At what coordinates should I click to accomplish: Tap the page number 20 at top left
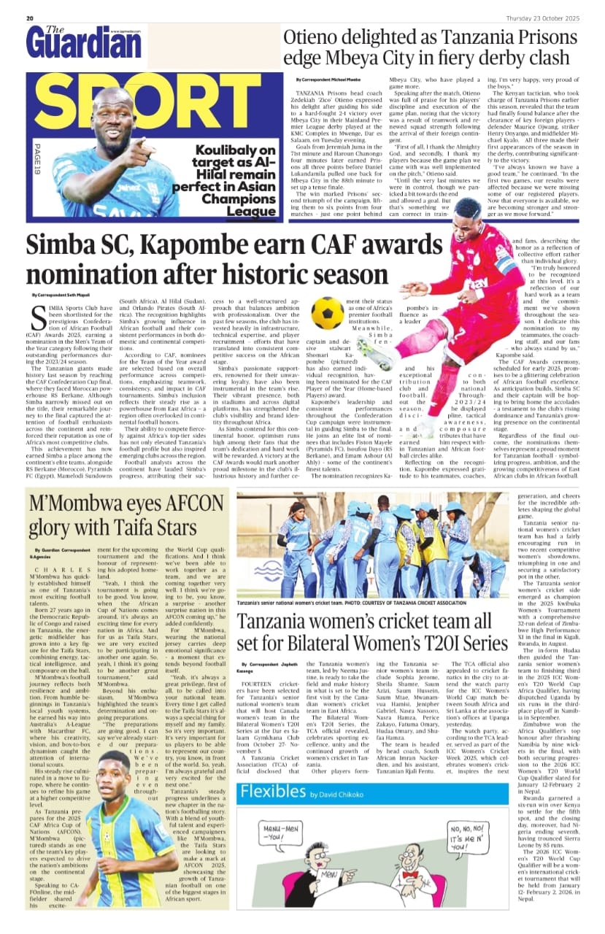tap(30, 18)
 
